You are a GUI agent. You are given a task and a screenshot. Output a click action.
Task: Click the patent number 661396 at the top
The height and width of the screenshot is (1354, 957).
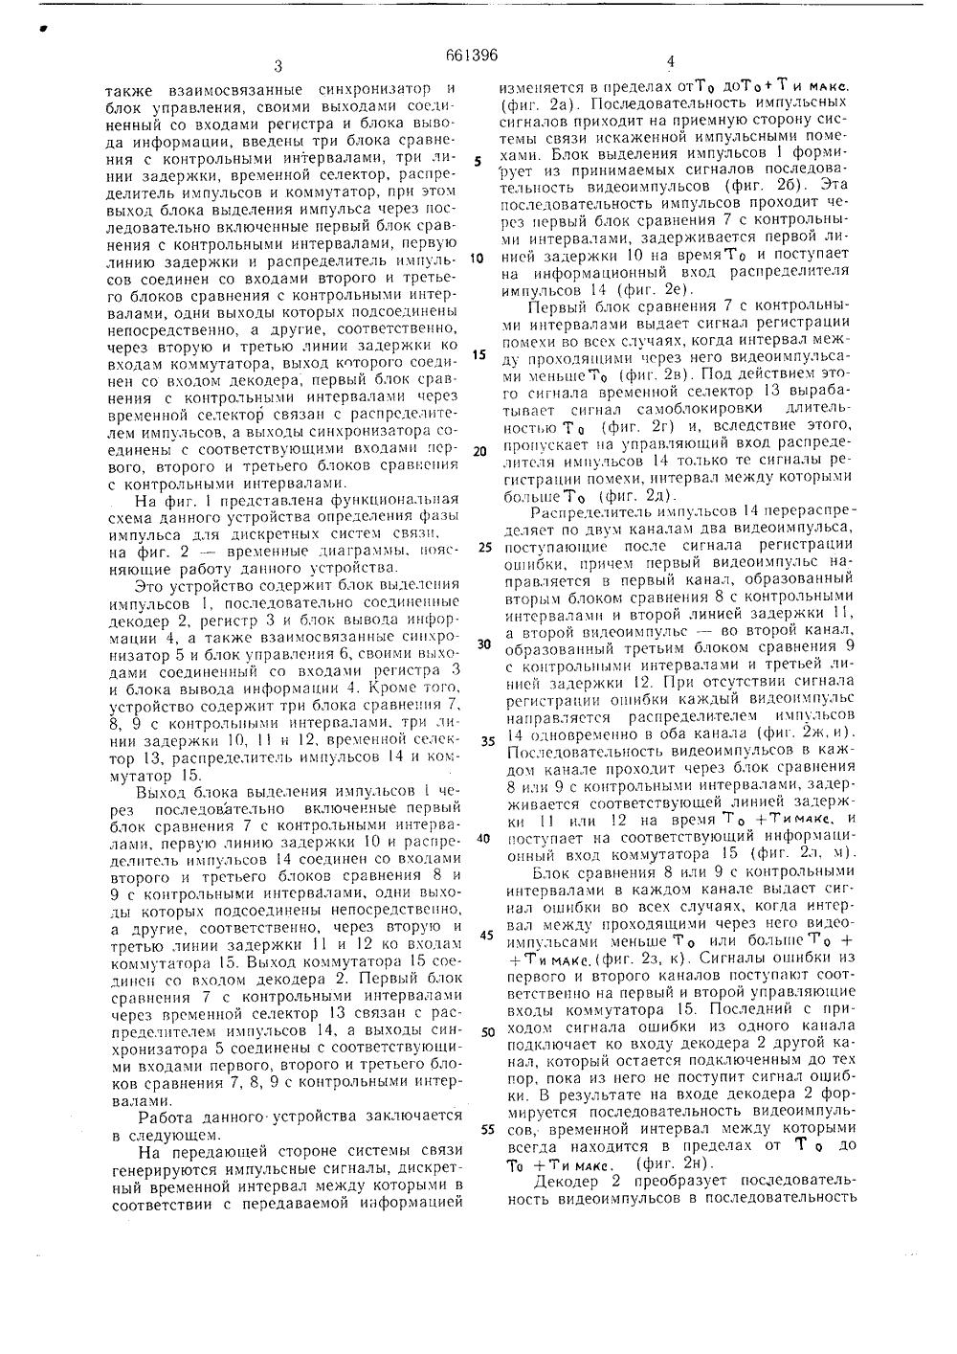478,55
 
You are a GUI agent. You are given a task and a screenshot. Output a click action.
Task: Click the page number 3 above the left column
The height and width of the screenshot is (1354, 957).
278,66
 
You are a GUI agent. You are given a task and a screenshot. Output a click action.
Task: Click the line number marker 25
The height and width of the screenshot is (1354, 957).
484,548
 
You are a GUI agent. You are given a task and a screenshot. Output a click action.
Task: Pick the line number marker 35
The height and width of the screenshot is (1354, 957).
484,740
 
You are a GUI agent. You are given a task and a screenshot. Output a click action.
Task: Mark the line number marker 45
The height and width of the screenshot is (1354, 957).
484,934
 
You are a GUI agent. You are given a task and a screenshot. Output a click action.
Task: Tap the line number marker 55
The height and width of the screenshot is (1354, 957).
485,1128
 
